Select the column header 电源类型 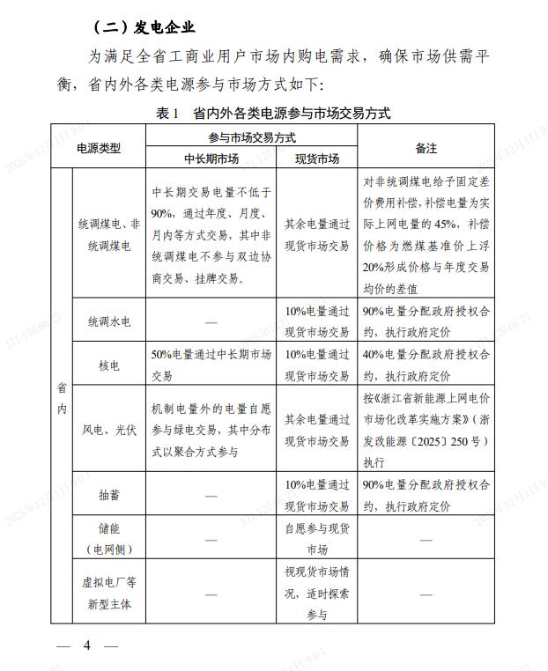click(99, 149)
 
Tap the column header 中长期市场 click(211, 159)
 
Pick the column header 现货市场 click(317, 159)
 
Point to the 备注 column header click(426, 149)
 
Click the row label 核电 click(110, 365)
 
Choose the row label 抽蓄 click(110, 496)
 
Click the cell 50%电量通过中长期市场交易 click(211, 365)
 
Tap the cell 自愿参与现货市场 click(317, 537)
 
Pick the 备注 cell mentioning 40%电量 click(426, 365)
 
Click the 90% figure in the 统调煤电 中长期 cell click(162, 212)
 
